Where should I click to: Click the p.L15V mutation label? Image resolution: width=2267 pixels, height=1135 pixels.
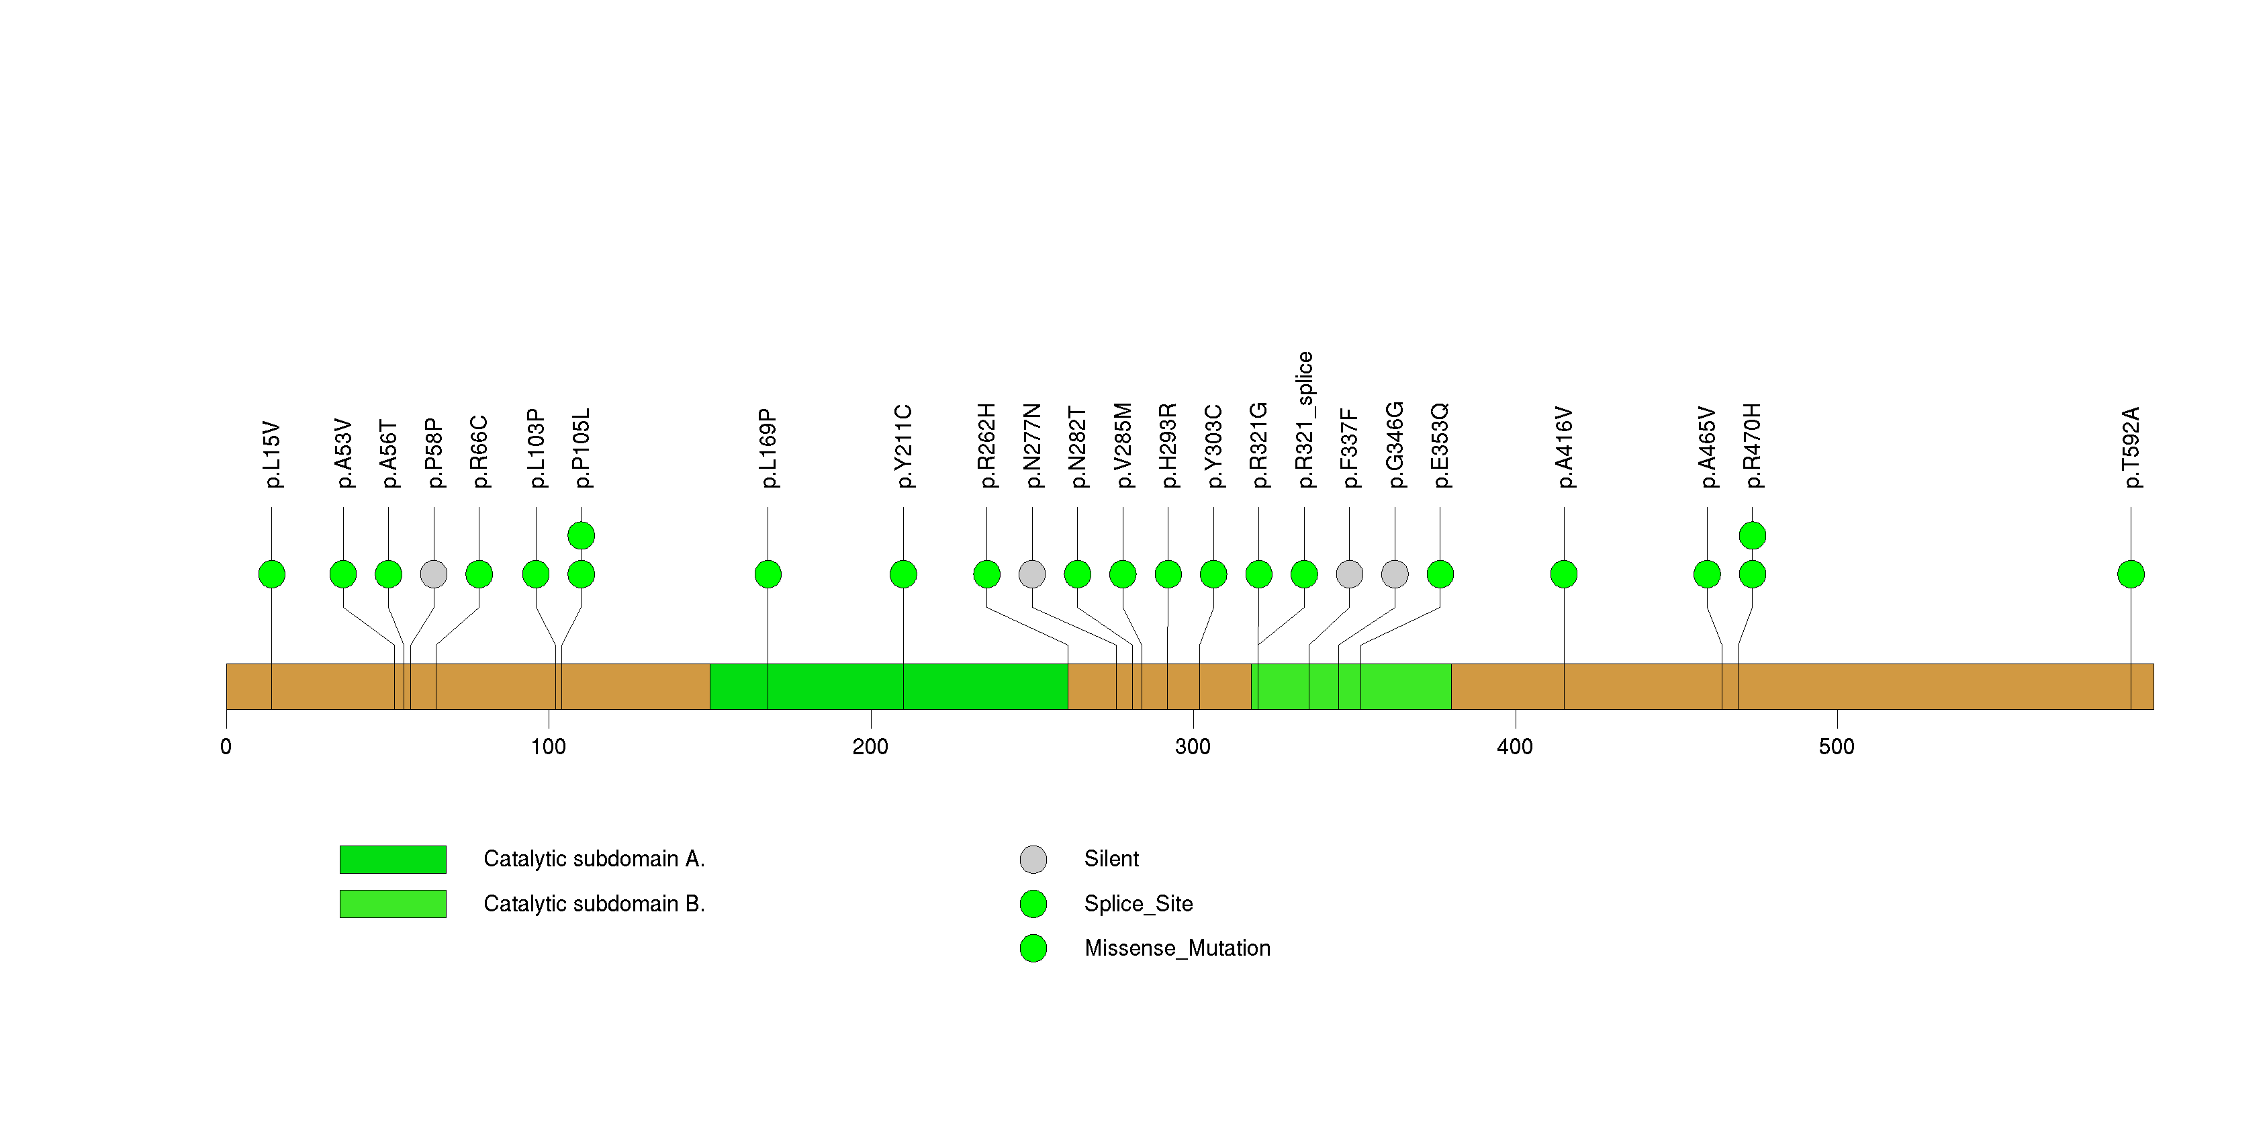click(273, 454)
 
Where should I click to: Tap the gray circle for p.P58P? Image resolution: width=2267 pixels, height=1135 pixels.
click(434, 574)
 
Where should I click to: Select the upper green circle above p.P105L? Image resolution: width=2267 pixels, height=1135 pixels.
click(581, 535)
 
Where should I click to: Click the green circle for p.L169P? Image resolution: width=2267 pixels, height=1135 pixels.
click(768, 574)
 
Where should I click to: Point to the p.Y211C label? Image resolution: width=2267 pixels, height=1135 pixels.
click(904, 446)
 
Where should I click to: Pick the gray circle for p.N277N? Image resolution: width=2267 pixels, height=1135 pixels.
click(1032, 574)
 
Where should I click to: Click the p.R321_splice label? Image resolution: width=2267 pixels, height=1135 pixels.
click(1304, 420)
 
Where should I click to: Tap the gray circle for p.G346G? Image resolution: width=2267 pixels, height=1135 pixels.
click(1395, 574)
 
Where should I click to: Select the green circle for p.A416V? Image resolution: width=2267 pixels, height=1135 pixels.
click(1564, 574)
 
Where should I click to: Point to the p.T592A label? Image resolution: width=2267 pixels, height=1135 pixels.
click(2131, 447)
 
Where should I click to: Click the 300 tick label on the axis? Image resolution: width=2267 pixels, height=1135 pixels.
click(1193, 747)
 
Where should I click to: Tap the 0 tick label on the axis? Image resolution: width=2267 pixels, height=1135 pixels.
click(226, 747)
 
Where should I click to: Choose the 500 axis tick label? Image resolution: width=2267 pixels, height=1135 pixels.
click(1837, 747)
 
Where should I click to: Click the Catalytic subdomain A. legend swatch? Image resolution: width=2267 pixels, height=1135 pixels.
click(393, 859)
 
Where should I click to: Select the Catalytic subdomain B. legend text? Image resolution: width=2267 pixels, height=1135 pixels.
click(594, 903)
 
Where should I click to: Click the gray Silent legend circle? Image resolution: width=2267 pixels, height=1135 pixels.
click(1033, 859)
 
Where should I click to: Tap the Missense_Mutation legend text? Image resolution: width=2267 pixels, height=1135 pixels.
click(1178, 948)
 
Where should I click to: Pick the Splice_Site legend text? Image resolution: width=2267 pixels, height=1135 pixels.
click(1139, 903)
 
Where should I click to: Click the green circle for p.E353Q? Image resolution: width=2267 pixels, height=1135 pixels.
click(1440, 574)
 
